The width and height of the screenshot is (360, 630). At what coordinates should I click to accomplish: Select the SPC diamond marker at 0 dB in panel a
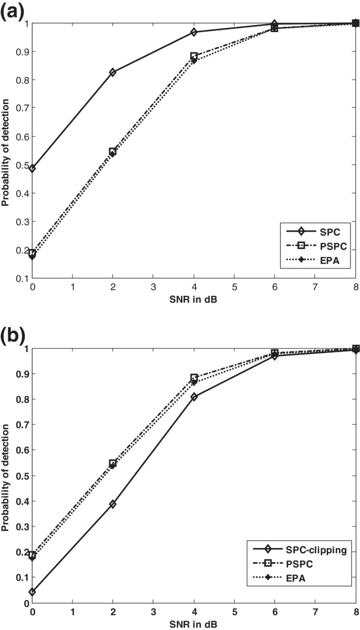coord(32,169)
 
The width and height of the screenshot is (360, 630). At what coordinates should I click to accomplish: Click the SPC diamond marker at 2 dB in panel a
coord(112,72)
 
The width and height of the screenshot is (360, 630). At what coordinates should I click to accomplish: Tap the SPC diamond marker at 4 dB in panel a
coord(194,32)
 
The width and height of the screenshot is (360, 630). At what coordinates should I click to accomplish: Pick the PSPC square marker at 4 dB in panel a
coord(194,56)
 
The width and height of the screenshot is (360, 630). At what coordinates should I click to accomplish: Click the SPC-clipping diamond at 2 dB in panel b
coord(112,504)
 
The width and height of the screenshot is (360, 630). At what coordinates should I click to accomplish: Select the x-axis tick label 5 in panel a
coord(234,288)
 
